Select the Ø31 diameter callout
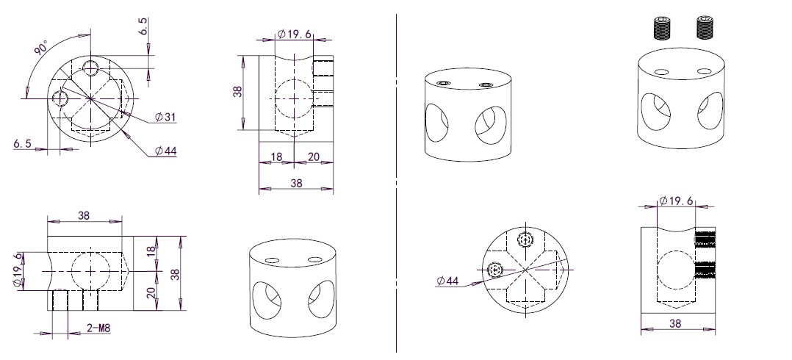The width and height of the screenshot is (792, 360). pyautogui.click(x=165, y=117)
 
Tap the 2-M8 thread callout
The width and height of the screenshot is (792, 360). pyautogui.click(x=98, y=328)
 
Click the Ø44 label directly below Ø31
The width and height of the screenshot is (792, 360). pyautogui.click(x=166, y=151)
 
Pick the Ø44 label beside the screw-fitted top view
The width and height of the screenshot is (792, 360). pyautogui.click(x=447, y=281)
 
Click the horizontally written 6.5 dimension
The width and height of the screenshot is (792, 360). pyautogui.click(x=23, y=144)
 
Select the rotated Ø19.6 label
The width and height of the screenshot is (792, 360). pyautogui.click(x=18, y=270)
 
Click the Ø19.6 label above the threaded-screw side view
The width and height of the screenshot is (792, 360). pyautogui.click(x=677, y=201)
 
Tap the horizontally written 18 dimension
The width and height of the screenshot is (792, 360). pyautogui.click(x=276, y=157)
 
